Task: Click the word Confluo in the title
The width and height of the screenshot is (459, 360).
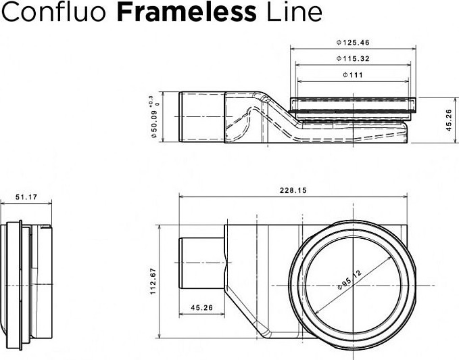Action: pos(54,12)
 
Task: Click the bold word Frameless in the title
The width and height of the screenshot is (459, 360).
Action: pos(187,12)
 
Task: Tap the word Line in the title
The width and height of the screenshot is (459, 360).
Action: pos(294,12)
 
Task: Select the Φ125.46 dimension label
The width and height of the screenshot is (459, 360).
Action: pos(353,43)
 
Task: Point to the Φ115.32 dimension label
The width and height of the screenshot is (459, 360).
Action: pos(353,59)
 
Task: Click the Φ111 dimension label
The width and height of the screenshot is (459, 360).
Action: pos(353,75)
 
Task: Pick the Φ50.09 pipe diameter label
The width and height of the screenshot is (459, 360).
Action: pos(154,123)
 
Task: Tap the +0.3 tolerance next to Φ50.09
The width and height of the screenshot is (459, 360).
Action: pos(151,100)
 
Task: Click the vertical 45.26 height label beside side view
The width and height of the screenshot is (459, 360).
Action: pos(449,120)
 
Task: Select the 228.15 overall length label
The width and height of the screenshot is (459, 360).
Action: pos(293,190)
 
